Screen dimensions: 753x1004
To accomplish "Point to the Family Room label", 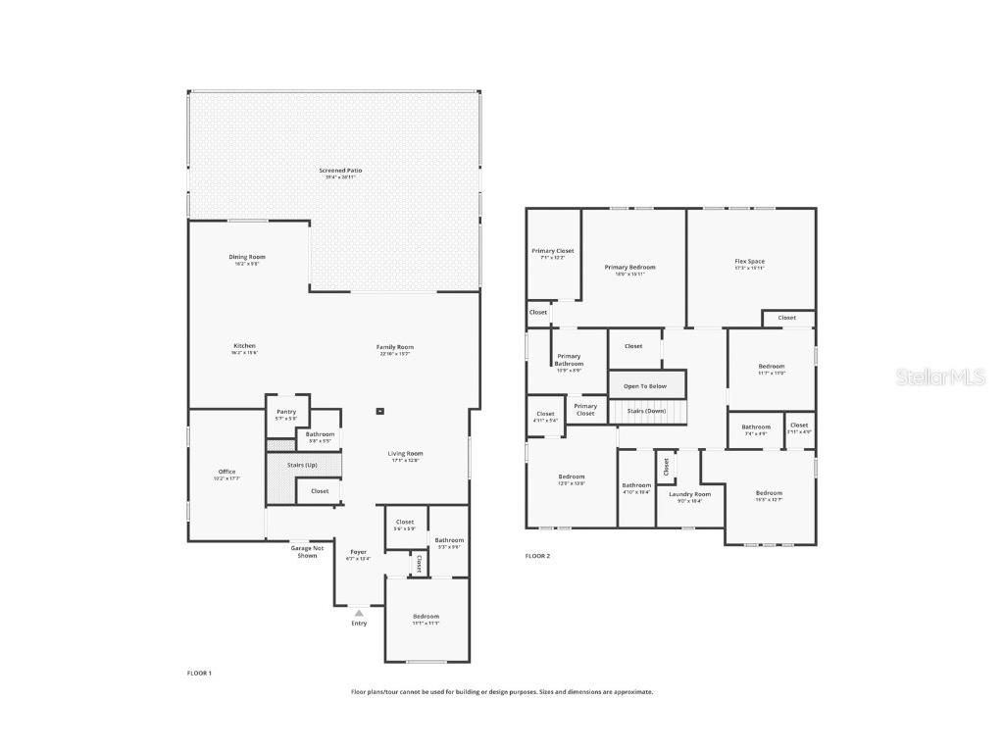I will tap(395, 348).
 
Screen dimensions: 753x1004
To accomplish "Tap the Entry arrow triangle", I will tap(359, 613).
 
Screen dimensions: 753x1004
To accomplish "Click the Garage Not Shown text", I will tap(307, 551).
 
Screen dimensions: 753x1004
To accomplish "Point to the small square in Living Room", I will tap(381, 412).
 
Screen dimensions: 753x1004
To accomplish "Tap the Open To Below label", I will tap(645, 386).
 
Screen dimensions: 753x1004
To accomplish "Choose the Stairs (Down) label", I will tap(646, 410).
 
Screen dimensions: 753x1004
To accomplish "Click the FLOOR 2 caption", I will tap(537, 556).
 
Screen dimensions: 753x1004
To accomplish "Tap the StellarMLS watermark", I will tap(937, 377).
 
